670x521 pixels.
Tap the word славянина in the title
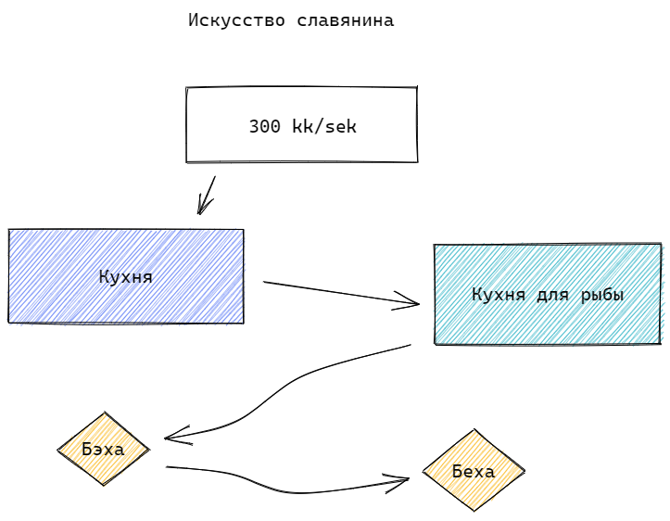pos(346,20)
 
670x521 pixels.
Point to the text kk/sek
pos(323,127)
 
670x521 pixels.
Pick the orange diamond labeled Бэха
pos(103,450)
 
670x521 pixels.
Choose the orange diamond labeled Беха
pos(473,471)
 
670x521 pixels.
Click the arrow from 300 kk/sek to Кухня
pos(207,195)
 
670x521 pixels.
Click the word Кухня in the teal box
pos(499,295)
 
